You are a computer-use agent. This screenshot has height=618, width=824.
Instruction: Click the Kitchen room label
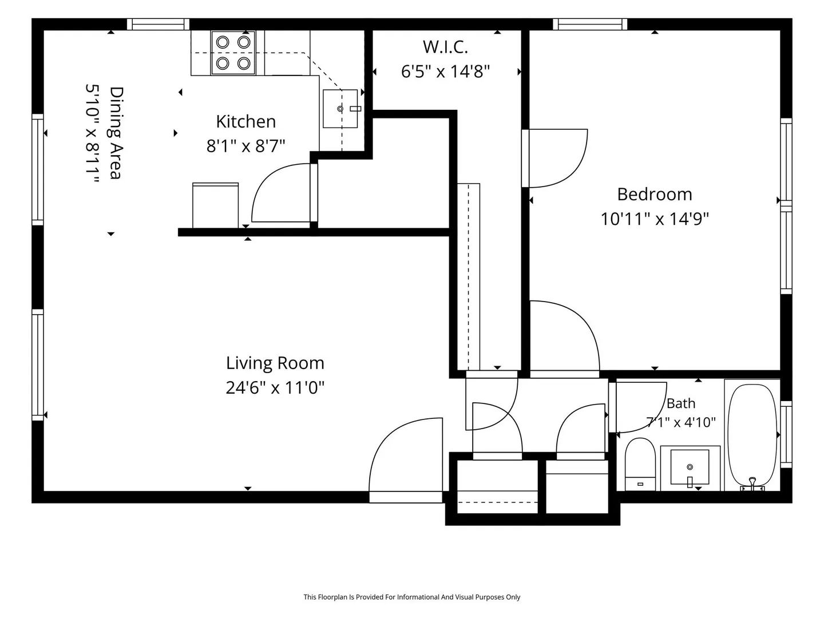point(246,121)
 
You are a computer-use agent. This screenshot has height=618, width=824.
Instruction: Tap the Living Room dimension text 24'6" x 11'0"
point(275,387)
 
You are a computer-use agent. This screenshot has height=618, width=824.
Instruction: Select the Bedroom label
point(654,195)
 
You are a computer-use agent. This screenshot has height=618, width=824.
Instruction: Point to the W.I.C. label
point(445,47)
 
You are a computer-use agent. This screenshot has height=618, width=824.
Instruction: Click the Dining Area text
point(116,133)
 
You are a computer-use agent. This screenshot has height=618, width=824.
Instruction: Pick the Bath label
point(680,403)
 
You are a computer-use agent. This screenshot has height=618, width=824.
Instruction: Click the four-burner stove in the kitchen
point(233,53)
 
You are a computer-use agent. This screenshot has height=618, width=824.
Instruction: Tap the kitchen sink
point(340,109)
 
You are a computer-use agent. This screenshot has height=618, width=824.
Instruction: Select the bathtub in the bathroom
point(752,435)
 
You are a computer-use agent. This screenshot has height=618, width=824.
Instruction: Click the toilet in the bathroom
point(640,464)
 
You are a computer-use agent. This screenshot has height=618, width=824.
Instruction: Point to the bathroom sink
point(690,467)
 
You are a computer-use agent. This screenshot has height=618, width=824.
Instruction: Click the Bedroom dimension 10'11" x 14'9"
point(655,219)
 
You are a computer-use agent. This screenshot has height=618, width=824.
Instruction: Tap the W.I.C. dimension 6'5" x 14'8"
point(445,72)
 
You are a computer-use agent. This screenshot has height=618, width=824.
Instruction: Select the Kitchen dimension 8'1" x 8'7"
point(245,145)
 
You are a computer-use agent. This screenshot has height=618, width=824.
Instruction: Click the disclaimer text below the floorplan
point(412,597)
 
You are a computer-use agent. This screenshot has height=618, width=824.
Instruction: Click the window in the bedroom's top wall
point(590,25)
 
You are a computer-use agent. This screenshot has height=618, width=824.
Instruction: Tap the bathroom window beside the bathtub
point(786,434)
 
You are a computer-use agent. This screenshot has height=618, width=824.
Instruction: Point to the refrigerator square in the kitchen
point(216,205)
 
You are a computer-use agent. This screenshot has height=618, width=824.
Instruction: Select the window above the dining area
point(158,25)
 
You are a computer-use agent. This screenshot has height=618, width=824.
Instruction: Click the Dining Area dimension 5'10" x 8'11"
point(92,133)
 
